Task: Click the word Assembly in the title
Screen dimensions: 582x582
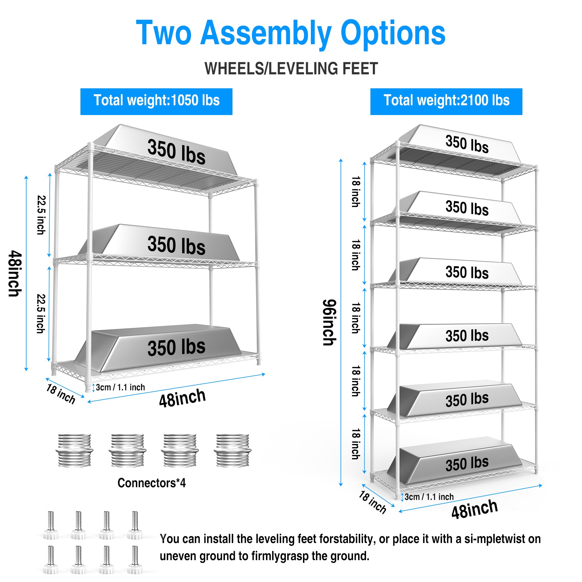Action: coord(266,33)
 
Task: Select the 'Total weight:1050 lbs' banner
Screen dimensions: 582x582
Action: coord(156,101)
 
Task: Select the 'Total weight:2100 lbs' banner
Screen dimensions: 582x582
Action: coord(446,101)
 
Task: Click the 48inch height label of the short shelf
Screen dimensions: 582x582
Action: coord(15,274)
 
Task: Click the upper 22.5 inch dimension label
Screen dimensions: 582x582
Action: coord(41,215)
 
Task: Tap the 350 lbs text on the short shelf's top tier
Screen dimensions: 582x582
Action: coord(176,152)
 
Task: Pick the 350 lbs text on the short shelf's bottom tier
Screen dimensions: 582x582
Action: coord(176,347)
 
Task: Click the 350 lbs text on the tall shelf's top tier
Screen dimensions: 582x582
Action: coord(467,144)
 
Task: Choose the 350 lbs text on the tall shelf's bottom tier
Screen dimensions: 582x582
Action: coord(467,464)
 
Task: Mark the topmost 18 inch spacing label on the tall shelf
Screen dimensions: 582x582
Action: coord(356,192)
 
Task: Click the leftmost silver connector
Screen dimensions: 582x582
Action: coord(74,451)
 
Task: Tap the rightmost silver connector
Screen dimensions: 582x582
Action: coord(232,451)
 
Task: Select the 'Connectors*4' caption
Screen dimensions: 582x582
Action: coord(151,483)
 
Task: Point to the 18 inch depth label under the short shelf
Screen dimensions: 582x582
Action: coord(61,394)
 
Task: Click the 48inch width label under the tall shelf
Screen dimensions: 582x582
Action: coord(474,509)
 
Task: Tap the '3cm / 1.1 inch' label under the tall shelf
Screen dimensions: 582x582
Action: coord(429,497)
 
